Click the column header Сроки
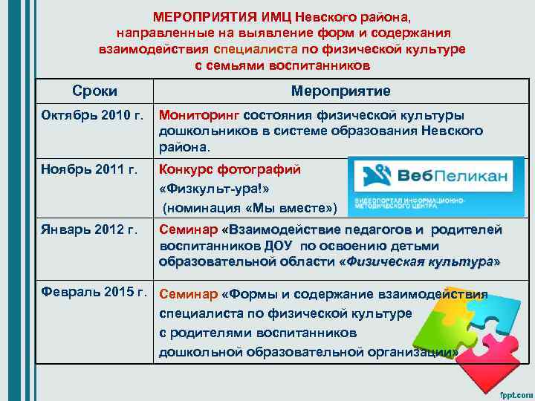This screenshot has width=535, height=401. click(x=94, y=91)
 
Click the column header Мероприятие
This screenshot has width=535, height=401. click(x=341, y=91)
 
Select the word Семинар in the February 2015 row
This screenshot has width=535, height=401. click(x=188, y=295)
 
